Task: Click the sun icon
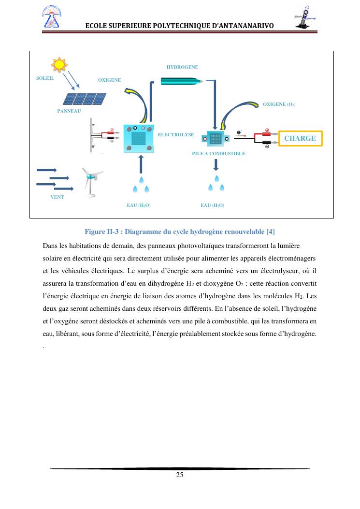click(59, 64)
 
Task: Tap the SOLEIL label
click(45, 78)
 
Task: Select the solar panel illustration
click(85, 99)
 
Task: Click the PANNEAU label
click(69, 111)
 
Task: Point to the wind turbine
click(90, 181)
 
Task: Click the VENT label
click(57, 197)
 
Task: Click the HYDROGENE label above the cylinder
click(182, 67)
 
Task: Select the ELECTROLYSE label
click(176, 135)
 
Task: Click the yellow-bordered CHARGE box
click(300, 138)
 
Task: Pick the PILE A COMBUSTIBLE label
click(218, 154)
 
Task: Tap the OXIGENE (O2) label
click(279, 104)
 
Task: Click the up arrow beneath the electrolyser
click(141, 165)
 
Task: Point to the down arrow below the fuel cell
click(216, 165)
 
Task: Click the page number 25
click(180, 475)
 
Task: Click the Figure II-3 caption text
click(179, 232)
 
